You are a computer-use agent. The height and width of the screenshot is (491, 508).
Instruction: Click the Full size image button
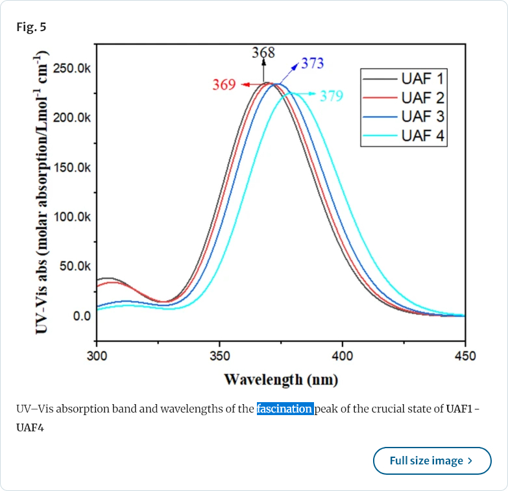tap(432, 461)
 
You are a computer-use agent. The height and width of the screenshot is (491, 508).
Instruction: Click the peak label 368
tap(263, 53)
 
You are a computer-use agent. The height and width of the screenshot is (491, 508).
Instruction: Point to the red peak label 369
tap(224, 85)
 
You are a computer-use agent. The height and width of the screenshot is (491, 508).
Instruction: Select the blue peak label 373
tap(312, 64)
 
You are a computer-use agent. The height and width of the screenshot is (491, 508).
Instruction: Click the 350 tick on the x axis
tap(219, 356)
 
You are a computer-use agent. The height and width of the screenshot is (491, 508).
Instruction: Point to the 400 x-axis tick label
tap(343, 356)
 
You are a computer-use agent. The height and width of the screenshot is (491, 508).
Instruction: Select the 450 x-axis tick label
tap(465, 356)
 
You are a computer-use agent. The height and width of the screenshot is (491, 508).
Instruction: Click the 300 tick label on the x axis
tap(97, 356)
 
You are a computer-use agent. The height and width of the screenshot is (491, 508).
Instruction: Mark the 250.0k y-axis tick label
tap(72, 68)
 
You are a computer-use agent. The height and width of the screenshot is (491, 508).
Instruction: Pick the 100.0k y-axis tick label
tap(72, 217)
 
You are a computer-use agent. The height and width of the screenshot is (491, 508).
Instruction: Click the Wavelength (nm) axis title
tap(281, 379)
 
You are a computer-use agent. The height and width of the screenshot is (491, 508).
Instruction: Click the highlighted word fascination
tap(285, 409)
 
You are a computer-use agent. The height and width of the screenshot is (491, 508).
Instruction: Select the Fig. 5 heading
tap(31, 27)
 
